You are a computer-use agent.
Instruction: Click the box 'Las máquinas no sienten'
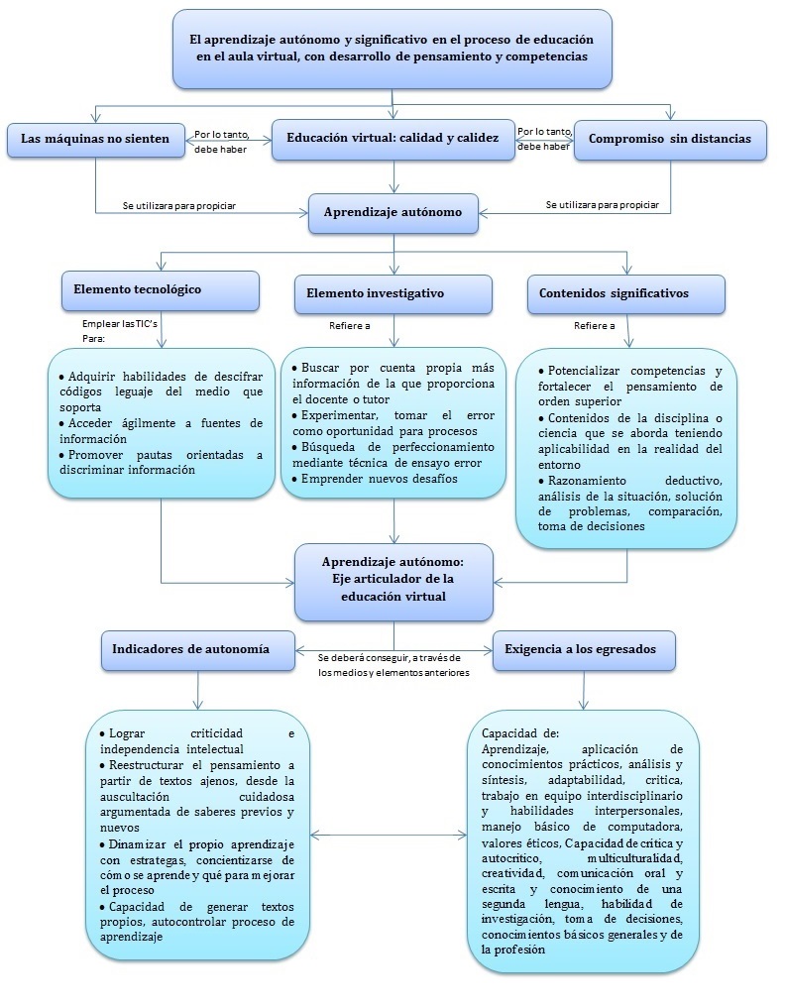[x=95, y=140]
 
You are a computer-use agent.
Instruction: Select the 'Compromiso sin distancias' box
[x=670, y=140]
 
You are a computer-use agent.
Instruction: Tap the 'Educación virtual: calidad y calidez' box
[x=392, y=140]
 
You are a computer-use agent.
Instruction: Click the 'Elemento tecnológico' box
[x=161, y=290]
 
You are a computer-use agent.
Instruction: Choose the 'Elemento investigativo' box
[x=392, y=294]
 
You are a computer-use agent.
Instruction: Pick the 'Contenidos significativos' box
[x=625, y=294]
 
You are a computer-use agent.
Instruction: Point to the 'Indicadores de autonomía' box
[x=198, y=649]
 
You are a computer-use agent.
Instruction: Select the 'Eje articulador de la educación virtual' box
[x=393, y=580]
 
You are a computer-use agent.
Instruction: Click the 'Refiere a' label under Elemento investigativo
[x=350, y=325]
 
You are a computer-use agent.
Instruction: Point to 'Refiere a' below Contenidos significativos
[x=595, y=325]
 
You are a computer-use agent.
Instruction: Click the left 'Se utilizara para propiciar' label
[x=179, y=205]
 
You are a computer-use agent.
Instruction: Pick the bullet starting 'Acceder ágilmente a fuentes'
[x=160, y=430]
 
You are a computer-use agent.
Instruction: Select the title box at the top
[x=392, y=49]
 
